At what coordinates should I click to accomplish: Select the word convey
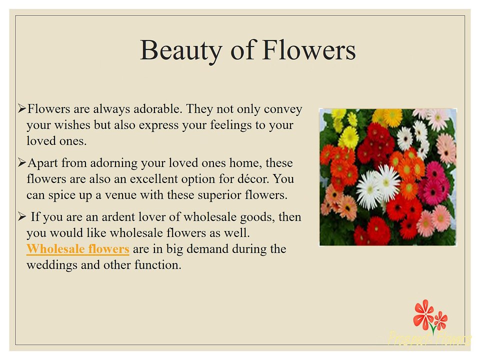coord(285,109)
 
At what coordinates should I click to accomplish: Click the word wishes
coord(70,125)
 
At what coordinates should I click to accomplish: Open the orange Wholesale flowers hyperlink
coord(77,249)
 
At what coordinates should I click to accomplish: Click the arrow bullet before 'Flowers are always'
coord(21,108)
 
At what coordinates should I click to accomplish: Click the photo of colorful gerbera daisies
coord(387,176)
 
